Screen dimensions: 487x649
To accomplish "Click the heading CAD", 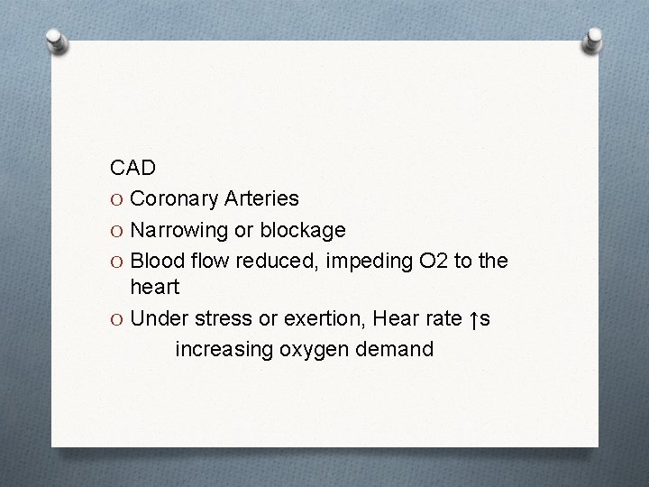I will tap(133, 168).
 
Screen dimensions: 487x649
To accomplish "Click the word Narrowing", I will tap(180, 230).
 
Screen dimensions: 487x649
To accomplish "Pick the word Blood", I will tap(155, 261).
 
